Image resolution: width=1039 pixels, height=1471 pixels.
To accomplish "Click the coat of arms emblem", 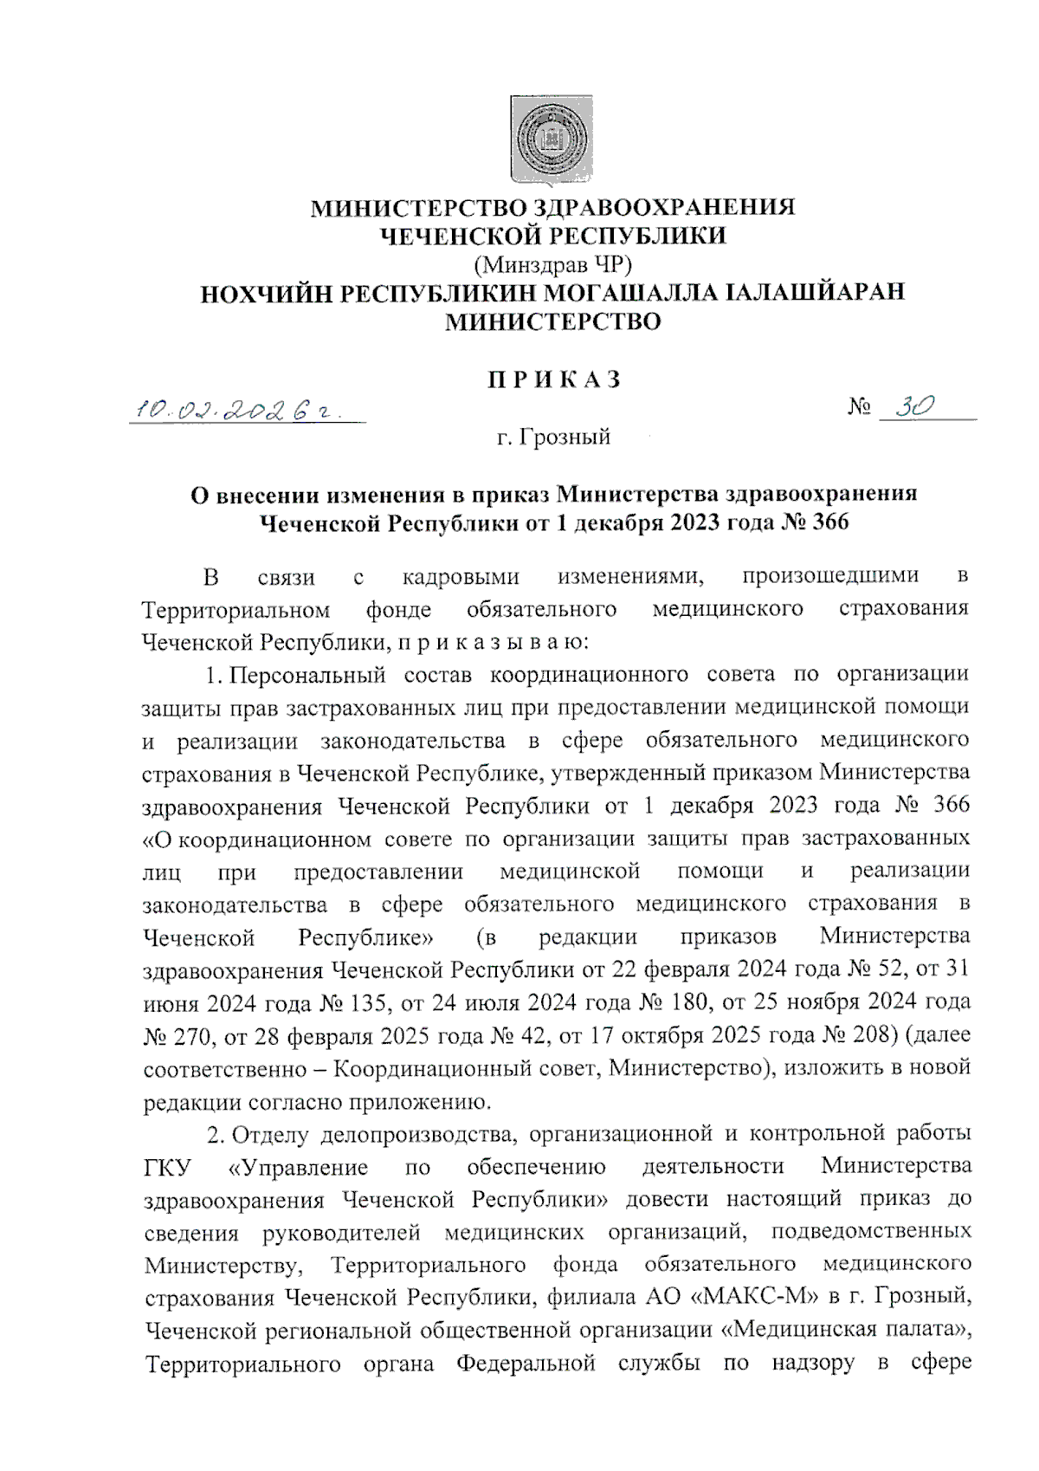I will click(552, 139).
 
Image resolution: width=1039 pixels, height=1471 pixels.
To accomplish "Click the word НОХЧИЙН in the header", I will click(264, 292).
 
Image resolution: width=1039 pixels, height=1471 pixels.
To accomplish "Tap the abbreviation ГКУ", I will click(168, 1167).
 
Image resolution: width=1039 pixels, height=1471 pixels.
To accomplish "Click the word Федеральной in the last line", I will click(526, 1364).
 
